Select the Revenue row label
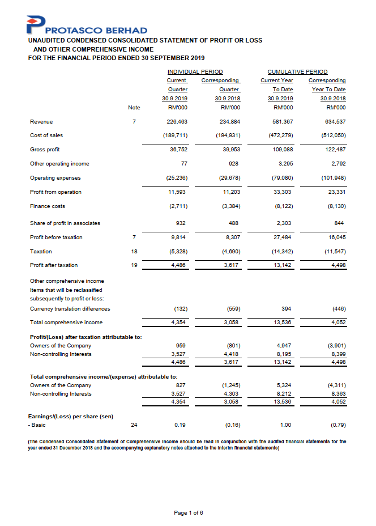pos(41,121)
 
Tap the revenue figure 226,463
pos(177,121)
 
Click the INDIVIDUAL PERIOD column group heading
pos(195,72)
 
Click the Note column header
pos(134,107)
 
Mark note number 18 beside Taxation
pos(134,251)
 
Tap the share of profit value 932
pos(182,223)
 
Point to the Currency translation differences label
pos(70,308)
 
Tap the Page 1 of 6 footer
pos(188,513)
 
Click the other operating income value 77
pos(183,164)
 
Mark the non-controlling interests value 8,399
pos(336,354)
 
